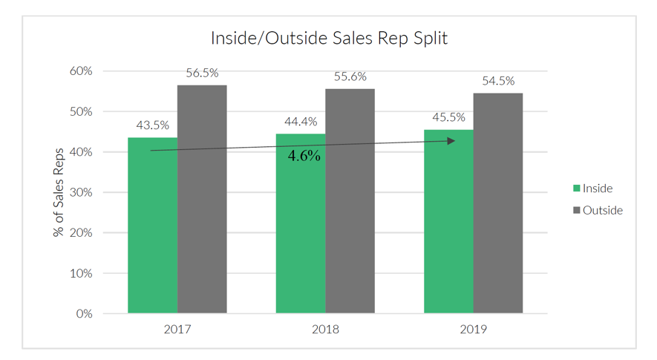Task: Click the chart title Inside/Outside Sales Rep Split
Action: [329, 38]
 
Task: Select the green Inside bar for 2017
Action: [152, 230]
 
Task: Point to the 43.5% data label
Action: [151, 125]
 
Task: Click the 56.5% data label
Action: [202, 73]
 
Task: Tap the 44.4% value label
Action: [300, 122]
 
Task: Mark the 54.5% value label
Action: [498, 81]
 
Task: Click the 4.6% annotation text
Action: [304, 156]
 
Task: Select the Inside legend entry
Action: [593, 189]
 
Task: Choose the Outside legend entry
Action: [598, 210]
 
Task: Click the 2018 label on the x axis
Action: [325, 329]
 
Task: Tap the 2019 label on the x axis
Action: [473, 329]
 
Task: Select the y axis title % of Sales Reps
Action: [59, 192]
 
